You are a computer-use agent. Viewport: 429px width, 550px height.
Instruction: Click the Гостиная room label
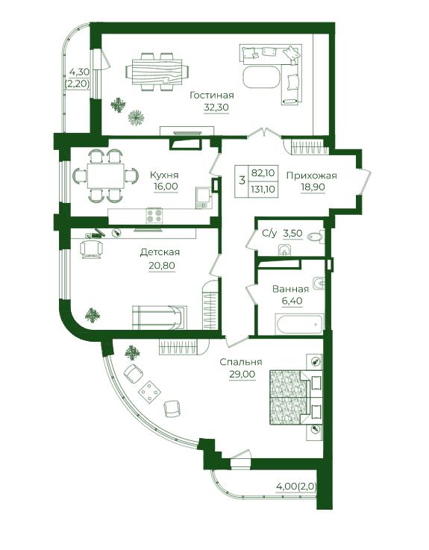point(212,95)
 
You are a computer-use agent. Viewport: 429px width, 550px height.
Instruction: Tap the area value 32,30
point(216,107)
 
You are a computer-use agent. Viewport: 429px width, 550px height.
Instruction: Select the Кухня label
point(164,175)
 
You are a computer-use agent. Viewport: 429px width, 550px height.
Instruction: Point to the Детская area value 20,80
point(162,266)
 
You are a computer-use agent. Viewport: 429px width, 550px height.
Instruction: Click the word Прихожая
point(311,175)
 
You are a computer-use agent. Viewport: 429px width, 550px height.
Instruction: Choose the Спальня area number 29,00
point(242,374)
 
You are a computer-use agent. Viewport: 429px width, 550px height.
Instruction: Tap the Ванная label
point(290,289)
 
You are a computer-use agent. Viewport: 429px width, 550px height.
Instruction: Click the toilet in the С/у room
point(315,237)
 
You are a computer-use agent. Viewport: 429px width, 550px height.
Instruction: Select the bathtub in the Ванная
point(300,325)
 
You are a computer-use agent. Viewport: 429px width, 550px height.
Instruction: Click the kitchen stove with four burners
point(154,216)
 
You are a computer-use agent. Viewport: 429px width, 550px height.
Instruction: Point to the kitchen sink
point(203,195)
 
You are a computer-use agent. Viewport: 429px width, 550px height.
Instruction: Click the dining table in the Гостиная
point(157,72)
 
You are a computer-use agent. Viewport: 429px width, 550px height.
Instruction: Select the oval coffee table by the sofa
point(261,78)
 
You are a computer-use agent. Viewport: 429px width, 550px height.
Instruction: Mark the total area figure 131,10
point(263,190)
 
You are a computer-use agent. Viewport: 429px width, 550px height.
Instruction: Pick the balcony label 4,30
point(79,72)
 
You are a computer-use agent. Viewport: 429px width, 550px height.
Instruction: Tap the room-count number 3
point(242,181)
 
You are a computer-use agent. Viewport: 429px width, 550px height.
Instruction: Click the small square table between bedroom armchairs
point(150,391)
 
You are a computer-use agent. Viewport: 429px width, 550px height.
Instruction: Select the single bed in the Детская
point(160,317)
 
